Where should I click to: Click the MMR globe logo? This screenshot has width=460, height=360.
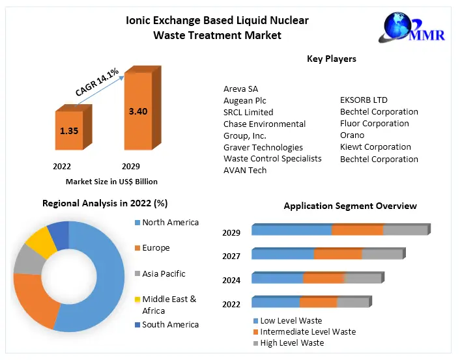coord(398,26)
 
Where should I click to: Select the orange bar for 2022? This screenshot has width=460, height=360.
coord(69,133)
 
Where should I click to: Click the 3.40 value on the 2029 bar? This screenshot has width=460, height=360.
coord(138,111)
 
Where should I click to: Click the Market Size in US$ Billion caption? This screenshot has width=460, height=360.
coord(111,182)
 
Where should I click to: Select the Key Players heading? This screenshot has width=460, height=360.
coord(331,59)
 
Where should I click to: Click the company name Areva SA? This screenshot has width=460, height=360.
coord(240,89)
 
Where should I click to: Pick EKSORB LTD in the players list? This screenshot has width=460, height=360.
coord(364,100)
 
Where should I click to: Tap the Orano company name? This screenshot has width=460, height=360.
coord(352,135)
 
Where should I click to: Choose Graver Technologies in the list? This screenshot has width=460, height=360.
coord(263,147)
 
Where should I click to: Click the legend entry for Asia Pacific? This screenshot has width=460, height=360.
coord(163,274)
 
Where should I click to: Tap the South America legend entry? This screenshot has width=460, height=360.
coord(169,324)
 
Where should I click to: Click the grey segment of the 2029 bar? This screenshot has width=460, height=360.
coord(405,230)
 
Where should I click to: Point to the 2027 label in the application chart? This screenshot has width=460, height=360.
coord(231,256)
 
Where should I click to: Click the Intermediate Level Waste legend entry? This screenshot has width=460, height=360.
coord(308,331)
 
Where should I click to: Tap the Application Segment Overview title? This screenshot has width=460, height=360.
coord(350,206)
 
